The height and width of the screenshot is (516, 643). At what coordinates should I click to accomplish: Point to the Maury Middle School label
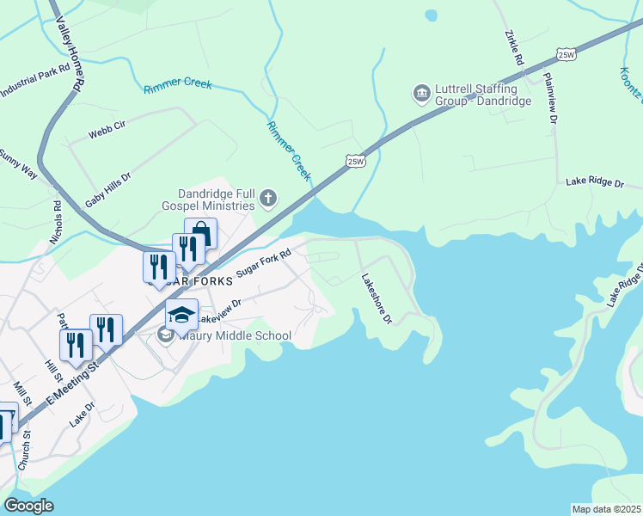click(235, 335)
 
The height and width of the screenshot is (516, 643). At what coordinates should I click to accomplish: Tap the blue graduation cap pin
click(182, 315)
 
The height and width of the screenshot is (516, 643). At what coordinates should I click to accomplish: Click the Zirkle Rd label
click(513, 48)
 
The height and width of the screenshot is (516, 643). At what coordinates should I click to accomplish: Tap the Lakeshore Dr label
click(377, 298)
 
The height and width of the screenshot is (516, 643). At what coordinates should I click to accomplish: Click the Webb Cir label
click(107, 131)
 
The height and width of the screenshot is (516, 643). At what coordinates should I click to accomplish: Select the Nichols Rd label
click(57, 222)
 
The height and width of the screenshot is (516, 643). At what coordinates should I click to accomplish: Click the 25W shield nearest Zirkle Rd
click(565, 54)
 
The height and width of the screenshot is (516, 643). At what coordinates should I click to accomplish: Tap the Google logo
click(29, 506)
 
